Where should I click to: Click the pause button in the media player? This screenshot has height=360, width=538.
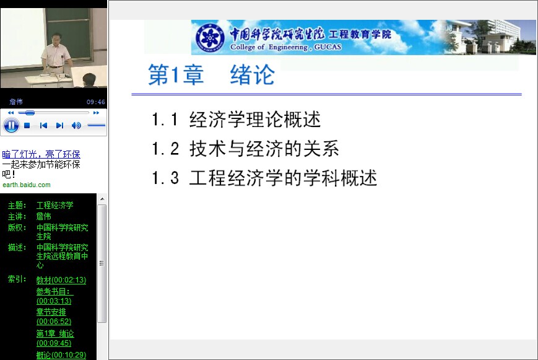pos(11,125)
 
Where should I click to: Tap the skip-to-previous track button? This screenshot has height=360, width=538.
pos(43,125)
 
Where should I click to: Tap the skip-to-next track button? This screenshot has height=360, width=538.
pos(59,125)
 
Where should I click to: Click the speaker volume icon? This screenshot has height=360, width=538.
pos(76,125)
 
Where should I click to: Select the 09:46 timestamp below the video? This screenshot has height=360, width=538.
pos(96,102)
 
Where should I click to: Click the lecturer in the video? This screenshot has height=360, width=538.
pos(56,55)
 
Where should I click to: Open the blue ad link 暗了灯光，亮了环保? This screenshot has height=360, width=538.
pos(41,154)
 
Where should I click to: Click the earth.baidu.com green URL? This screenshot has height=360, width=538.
pos(27,185)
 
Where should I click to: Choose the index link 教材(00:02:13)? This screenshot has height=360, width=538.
pos(61,280)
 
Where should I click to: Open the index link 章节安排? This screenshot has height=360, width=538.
pos(51,312)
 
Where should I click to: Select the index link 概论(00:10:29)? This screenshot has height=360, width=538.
pos(61,355)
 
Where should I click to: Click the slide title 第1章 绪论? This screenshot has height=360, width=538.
pos(211,74)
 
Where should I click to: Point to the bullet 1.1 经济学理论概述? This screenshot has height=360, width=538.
pos(236,120)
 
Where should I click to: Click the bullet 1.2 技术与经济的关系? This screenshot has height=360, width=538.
pos(245,149)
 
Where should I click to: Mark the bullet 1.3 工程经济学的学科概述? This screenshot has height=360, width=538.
pos(264,178)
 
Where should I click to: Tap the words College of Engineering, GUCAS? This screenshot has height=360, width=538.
pos(286,47)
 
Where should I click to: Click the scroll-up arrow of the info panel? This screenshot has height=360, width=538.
pos(102,199)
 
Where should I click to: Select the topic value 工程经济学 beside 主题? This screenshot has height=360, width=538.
pos(55,206)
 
